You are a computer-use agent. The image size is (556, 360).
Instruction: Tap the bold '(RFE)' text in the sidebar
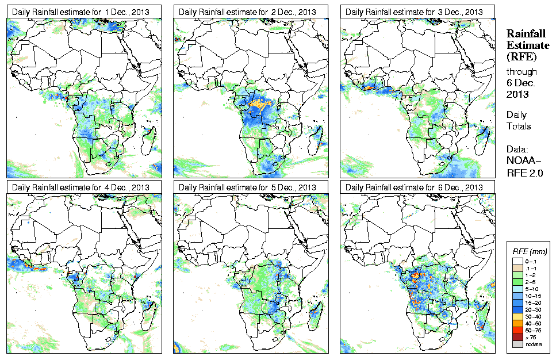pos(521,56)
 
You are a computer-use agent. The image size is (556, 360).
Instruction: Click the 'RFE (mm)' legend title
pos(530,251)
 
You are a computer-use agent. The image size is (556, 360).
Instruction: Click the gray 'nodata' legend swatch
pos(518,344)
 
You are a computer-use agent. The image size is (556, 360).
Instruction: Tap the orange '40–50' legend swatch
pos(518,323)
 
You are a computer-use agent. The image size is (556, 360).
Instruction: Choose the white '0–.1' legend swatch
pos(518,261)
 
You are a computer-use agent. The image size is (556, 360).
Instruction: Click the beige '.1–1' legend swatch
pos(518,269)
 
